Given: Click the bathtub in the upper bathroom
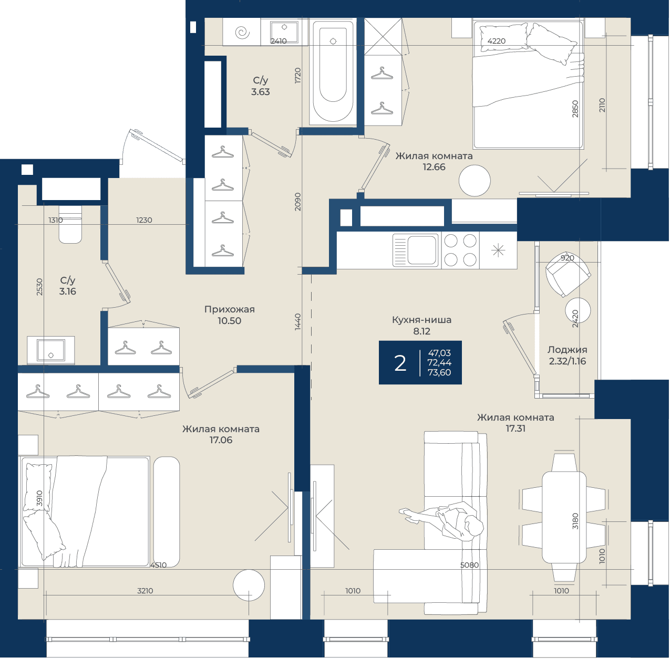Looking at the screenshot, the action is click(333, 71).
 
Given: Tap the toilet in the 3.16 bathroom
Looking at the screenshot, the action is click(70, 224).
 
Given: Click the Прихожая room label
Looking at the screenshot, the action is click(230, 309).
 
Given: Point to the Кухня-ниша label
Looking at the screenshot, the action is click(422, 320).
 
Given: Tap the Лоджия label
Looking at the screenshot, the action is click(568, 350).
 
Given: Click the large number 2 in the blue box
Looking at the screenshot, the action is click(400, 363).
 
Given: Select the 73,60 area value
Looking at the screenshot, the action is click(439, 373).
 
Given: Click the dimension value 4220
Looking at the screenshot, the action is click(496, 41).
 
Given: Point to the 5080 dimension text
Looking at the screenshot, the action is click(469, 565).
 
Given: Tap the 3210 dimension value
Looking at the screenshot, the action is click(145, 591).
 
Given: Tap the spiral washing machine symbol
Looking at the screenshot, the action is click(242, 33).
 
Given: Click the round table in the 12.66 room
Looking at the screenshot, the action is click(475, 181).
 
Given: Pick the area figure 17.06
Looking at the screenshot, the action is click(221, 440).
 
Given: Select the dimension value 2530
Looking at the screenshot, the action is click(39, 287).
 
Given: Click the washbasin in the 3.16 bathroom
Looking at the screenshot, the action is click(51, 350).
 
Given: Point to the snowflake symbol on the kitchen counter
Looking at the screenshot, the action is click(498, 250).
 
